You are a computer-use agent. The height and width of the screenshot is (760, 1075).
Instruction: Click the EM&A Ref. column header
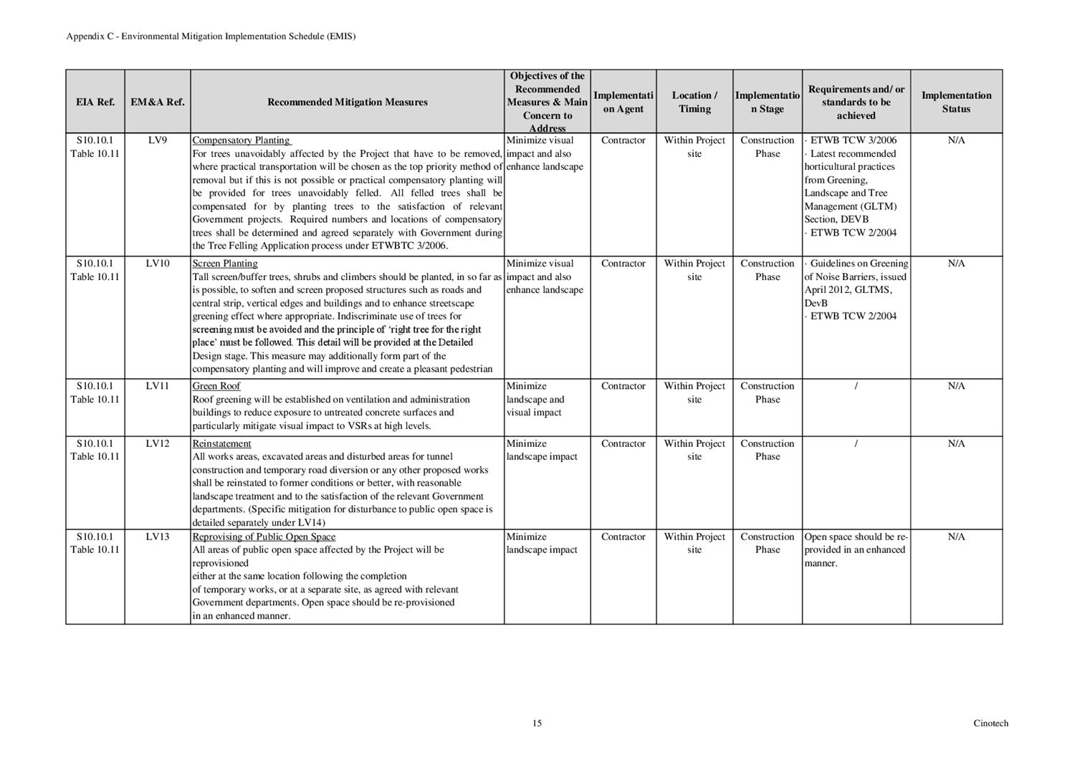point(157,102)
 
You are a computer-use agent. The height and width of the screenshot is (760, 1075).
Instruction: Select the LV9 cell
point(157,140)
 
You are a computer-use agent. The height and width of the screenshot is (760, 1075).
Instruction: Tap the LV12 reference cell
point(157,443)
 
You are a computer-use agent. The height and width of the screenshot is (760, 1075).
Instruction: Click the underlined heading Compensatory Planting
point(242,140)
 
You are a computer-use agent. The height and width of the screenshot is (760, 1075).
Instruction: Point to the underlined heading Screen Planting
point(224,264)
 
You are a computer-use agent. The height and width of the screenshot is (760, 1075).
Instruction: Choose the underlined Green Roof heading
point(216,386)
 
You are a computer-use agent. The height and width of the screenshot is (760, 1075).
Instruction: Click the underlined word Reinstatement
point(221,443)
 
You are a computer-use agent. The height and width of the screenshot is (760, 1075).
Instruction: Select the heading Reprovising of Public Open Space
point(264,537)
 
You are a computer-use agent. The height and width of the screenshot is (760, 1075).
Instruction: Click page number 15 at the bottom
point(537,723)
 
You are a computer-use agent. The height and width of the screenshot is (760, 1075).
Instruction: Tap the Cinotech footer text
point(990,723)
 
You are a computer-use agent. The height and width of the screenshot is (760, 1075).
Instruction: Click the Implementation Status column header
point(956,102)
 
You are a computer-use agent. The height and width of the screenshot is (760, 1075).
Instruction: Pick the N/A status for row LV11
point(956,386)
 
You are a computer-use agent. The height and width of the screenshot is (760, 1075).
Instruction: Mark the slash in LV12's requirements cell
point(856,443)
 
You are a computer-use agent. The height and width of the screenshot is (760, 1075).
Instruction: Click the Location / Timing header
point(694,102)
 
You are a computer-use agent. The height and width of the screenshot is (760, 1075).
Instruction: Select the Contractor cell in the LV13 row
point(623,537)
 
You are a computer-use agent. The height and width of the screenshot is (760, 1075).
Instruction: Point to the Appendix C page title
point(211,36)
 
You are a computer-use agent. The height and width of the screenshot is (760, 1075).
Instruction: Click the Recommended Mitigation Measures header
point(347,102)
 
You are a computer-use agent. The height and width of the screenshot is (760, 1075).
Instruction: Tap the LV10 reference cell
point(157,264)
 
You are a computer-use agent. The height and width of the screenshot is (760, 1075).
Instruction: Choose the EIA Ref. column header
point(95,102)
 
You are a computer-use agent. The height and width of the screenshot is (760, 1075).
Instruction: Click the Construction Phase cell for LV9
point(767,147)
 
